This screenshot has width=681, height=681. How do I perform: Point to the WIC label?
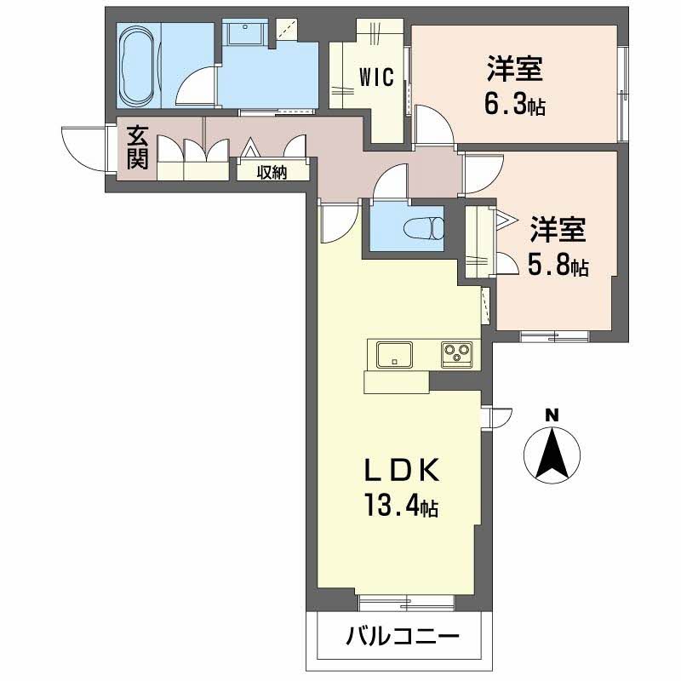pyautogui.click(x=375, y=78)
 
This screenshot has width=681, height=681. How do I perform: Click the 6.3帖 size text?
pyautogui.click(x=515, y=106)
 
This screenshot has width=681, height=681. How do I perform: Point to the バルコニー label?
pyautogui.click(x=403, y=636)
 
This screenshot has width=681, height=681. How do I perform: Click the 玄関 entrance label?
pyautogui.click(x=138, y=148)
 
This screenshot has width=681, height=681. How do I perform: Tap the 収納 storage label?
pyautogui.click(x=272, y=173)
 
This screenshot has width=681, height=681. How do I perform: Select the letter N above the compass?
pyautogui.click(x=552, y=415)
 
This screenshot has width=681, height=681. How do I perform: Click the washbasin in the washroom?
pyautogui.click(x=248, y=35)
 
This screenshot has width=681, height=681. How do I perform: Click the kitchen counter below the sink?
pyautogui.click(x=396, y=382)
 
